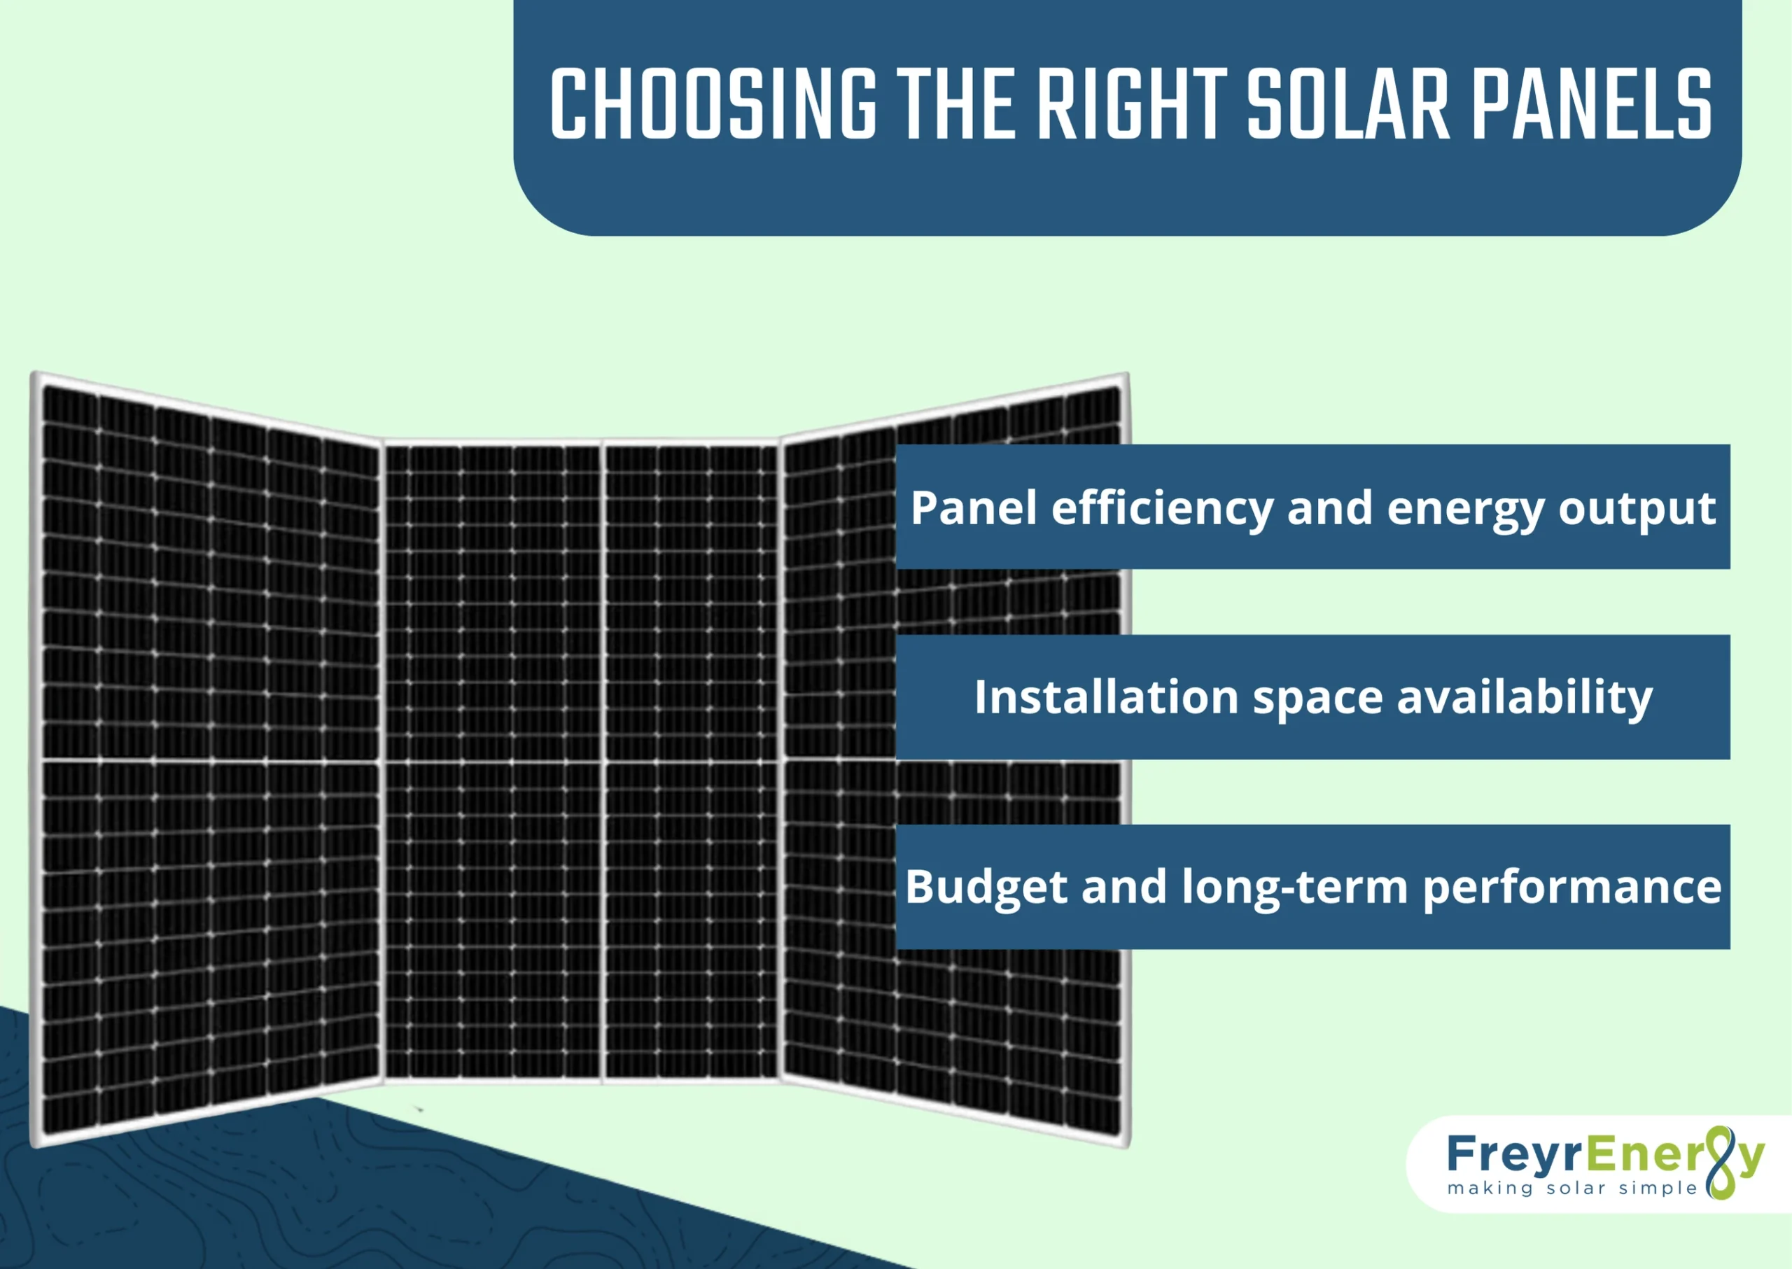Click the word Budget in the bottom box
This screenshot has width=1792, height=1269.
coord(986,887)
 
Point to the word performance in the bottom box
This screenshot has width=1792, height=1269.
coord(1571,887)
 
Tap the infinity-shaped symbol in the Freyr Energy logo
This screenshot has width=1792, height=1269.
coord(1720,1163)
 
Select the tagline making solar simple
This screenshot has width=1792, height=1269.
coord(1571,1189)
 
